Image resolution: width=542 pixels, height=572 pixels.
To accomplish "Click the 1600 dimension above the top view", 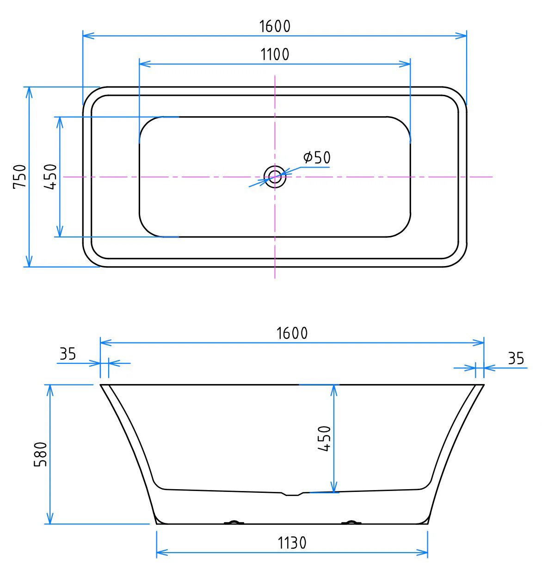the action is [275, 26].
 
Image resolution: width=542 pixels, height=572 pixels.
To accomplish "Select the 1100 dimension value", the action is [275, 55].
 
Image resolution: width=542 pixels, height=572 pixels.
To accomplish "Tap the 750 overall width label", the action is [20, 177].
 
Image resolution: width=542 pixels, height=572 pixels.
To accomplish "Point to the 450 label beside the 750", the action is [50, 177].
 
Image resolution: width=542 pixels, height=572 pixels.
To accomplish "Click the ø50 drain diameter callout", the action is [317, 157].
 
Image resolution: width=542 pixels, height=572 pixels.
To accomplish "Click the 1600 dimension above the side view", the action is [292, 333].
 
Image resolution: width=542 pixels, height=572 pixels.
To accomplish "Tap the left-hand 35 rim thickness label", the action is [68, 354].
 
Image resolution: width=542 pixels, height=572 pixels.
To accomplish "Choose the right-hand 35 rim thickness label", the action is [516, 359].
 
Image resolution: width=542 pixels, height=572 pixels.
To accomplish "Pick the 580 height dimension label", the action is [40, 454].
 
